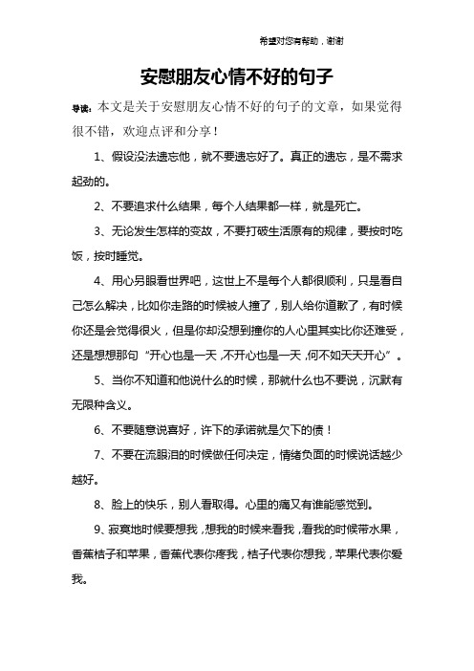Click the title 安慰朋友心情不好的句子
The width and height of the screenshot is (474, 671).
237,75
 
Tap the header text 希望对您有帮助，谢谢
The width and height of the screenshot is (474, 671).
301,41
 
